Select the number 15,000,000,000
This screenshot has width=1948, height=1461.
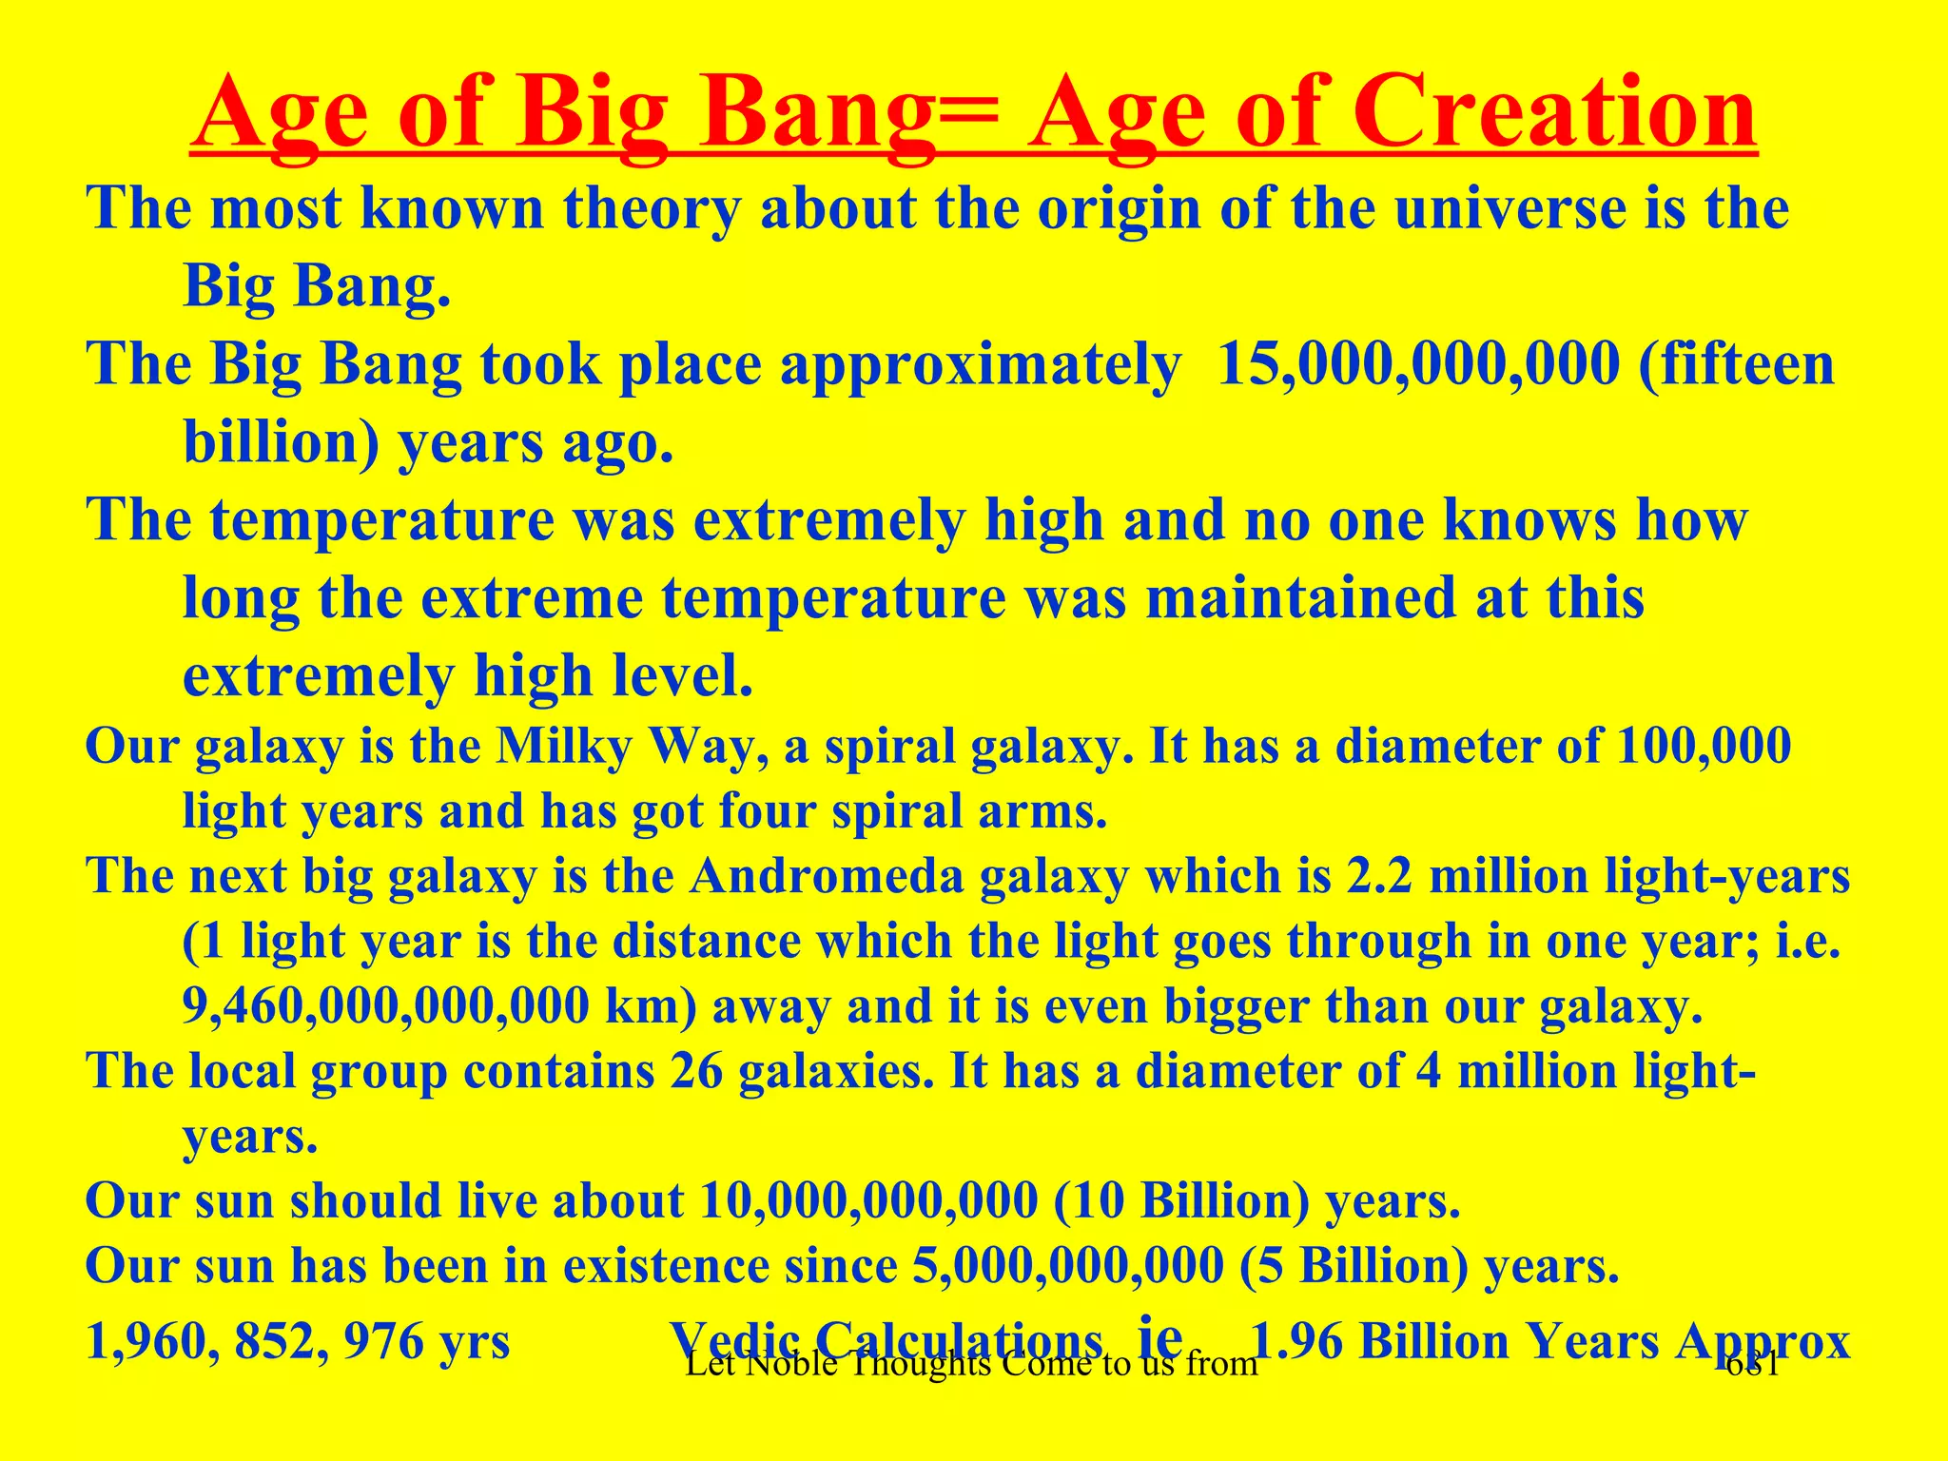click(1418, 364)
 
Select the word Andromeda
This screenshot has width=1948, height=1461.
click(827, 876)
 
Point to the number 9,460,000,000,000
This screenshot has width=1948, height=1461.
click(386, 1006)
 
